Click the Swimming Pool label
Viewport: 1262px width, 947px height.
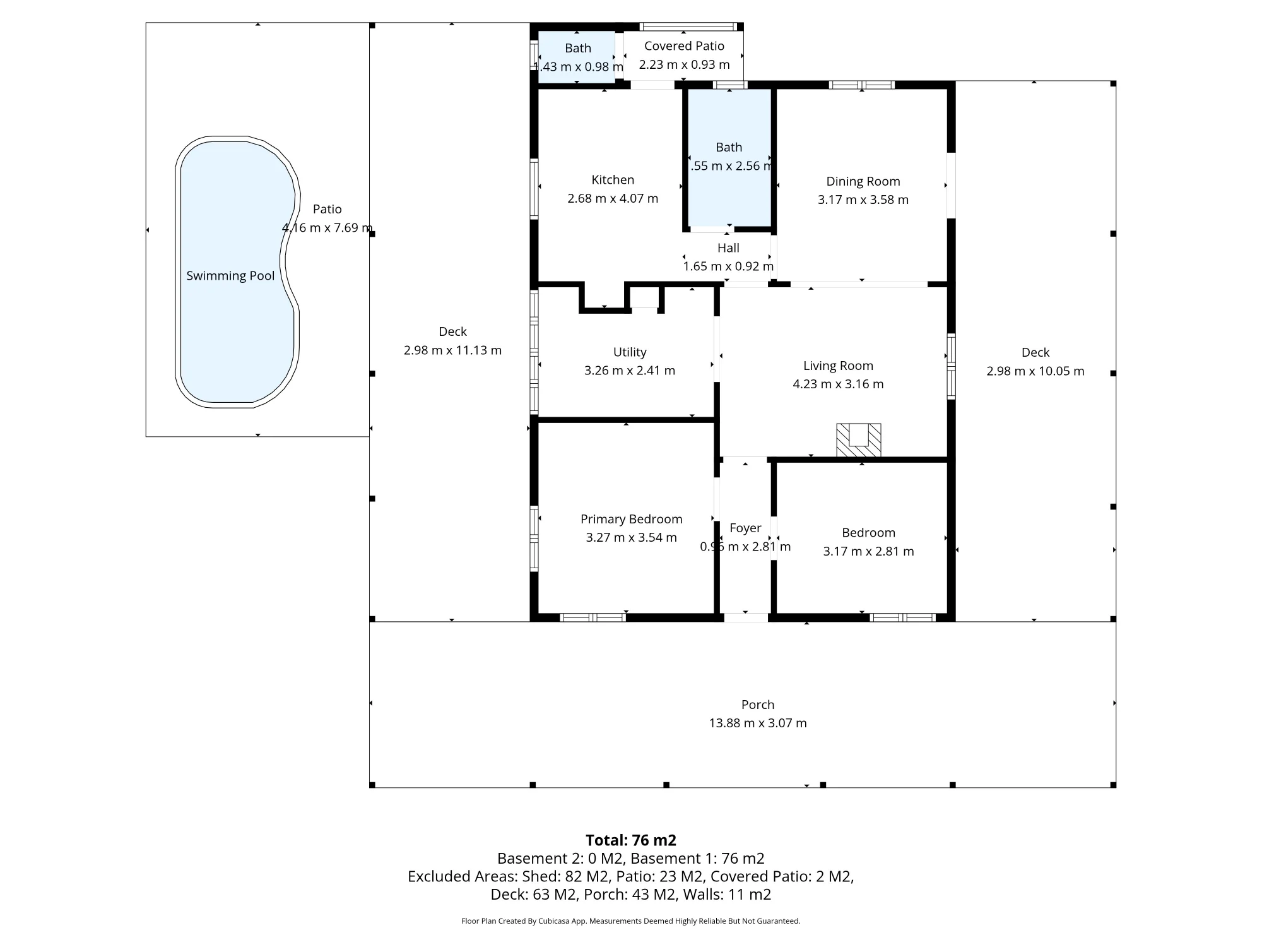(x=230, y=276)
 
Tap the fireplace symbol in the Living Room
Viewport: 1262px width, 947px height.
(x=858, y=440)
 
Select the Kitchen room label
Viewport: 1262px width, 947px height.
(x=613, y=180)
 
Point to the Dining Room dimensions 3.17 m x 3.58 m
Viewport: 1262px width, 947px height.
(x=863, y=200)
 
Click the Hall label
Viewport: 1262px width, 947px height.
(x=728, y=248)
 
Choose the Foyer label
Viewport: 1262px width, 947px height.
(x=745, y=528)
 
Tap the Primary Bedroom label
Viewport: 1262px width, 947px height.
(x=632, y=519)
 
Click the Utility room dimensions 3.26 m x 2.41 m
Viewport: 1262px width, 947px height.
(x=630, y=371)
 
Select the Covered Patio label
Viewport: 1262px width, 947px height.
(x=685, y=46)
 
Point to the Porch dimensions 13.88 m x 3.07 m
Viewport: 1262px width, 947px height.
(x=758, y=723)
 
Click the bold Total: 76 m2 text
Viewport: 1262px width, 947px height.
(x=631, y=840)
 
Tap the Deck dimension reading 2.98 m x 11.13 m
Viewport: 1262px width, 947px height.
(x=453, y=350)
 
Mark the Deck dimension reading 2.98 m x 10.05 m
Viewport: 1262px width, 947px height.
(x=1035, y=371)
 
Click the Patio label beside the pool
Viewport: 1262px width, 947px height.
(x=327, y=209)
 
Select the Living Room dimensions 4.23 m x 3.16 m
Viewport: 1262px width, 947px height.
(x=839, y=384)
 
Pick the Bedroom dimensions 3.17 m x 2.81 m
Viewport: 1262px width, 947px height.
(x=869, y=551)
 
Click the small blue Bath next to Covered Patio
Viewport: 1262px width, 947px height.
(x=576, y=57)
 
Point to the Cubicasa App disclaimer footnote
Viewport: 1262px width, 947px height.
(x=631, y=921)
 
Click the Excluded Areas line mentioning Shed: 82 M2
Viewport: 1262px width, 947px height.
(x=631, y=876)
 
